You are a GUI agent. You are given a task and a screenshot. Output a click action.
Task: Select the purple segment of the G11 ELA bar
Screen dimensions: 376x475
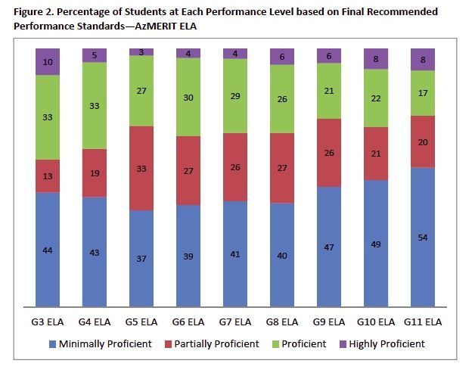click(x=422, y=59)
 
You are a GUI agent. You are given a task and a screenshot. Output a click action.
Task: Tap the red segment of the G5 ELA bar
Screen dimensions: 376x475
click(x=141, y=168)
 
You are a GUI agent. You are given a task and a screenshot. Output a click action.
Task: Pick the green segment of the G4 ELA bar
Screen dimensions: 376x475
click(x=95, y=105)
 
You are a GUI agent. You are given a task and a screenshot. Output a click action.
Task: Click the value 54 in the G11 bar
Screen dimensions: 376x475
click(x=422, y=238)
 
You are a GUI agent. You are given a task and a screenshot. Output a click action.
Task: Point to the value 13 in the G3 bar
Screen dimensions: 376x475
click(x=48, y=176)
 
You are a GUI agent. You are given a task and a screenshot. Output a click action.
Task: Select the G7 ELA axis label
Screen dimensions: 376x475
click(x=234, y=322)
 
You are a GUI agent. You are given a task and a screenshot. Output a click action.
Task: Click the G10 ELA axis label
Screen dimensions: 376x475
click(x=375, y=322)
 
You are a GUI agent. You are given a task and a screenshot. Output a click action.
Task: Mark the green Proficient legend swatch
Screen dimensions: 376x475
click(x=274, y=344)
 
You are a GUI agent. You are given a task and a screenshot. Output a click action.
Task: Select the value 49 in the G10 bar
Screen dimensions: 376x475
click(x=375, y=244)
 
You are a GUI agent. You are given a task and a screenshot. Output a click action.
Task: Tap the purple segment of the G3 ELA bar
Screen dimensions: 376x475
click(x=48, y=61)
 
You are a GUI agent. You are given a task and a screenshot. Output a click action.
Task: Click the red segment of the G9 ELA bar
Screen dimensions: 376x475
click(x=328, y=153)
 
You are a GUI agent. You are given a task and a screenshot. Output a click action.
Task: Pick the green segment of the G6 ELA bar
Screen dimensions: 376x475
click(x=188, y=97)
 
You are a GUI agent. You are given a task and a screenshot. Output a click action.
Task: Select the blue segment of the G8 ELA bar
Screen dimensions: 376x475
click(x=281, y=255)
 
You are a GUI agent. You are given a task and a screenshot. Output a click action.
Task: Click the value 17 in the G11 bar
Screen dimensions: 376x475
click(x=422, y=93)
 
